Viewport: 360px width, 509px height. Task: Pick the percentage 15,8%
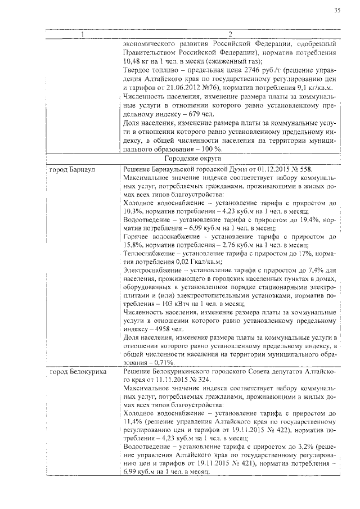133,246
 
